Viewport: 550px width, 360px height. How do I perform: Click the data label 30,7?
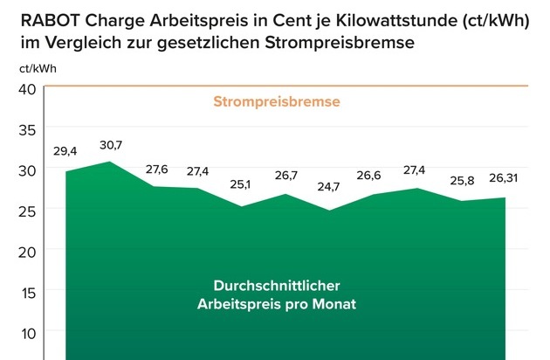[x=112, y=144]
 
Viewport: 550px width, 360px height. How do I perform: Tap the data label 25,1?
[x=241, y=186]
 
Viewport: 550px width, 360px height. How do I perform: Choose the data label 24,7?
[x=329, y=186]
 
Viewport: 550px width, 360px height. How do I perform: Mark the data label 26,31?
[x=503, y=180]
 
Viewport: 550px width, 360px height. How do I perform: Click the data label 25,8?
[x=460, y=180]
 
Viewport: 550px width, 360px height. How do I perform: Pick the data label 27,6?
[x=155, y=168]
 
